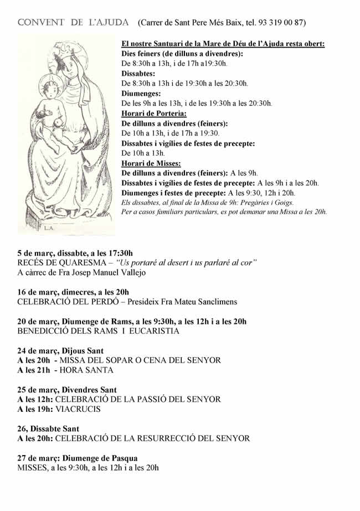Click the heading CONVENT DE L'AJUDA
(x=73, y=23)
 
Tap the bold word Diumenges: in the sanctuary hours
(x=141, y=94)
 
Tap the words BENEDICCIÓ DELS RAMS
(x=66, y=331)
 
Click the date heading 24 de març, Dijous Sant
(x=60, y=350)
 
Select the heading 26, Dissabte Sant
(x=48, y=429)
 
